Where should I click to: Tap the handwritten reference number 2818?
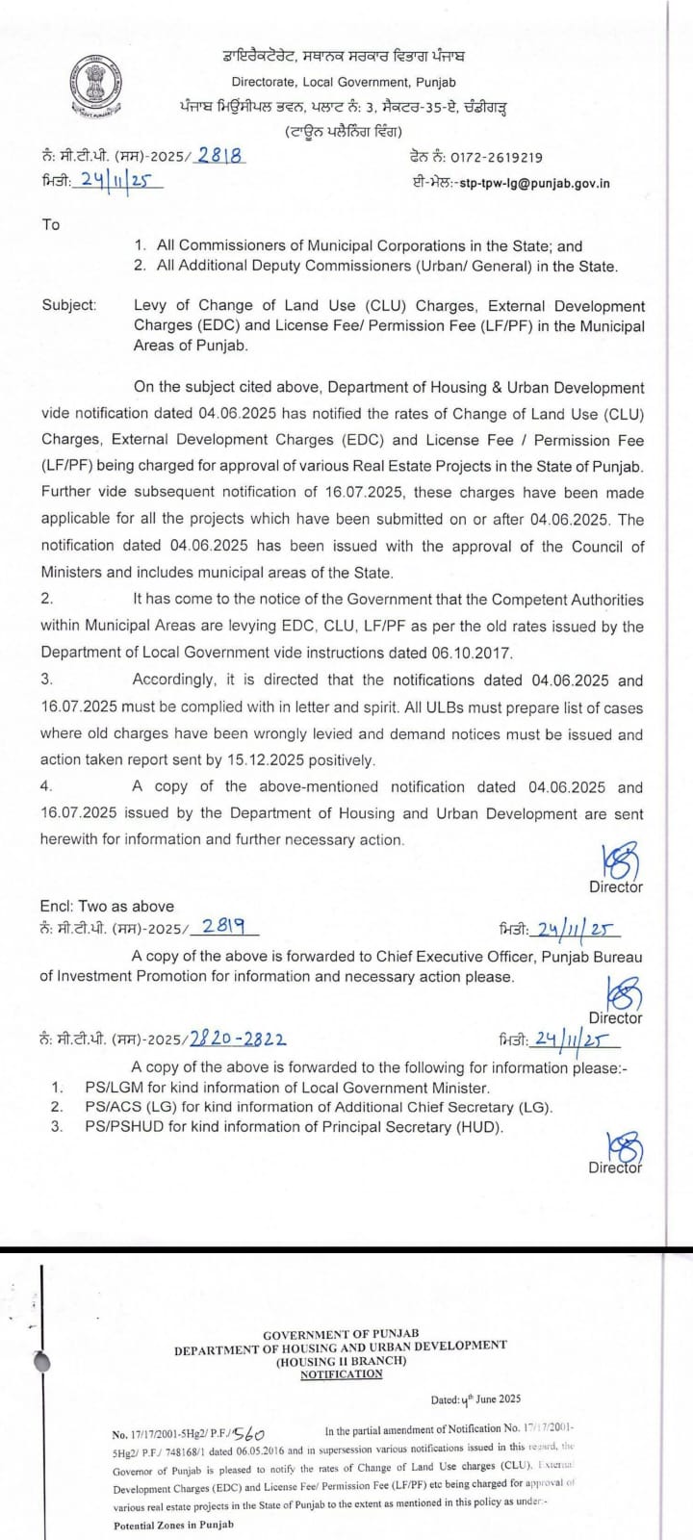[x=220, y=155]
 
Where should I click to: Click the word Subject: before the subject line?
[x=69, y=305]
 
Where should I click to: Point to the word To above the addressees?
[x=51, y=224]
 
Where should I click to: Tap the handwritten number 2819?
[x=223, y=927]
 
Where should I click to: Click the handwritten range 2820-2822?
[x=238, y=1039]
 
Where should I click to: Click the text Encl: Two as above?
[x=107, y=906]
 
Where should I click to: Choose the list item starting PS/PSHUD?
[x=294, y=1126]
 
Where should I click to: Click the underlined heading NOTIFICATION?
[x=341, y=1373]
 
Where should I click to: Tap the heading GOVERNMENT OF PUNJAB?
[x=341, y=1334]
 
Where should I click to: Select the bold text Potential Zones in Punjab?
[x=173, y=1525]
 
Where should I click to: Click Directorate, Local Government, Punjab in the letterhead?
[x=344, y=83]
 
